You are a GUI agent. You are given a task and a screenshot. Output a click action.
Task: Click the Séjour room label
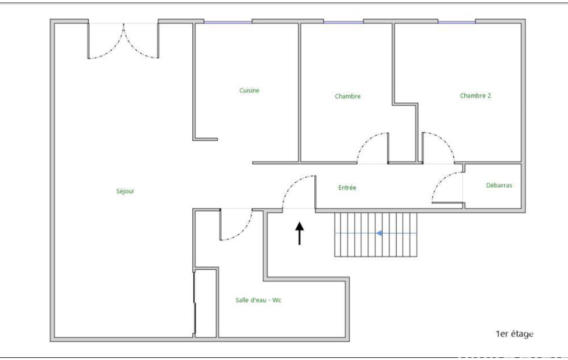click(x=125, y=191)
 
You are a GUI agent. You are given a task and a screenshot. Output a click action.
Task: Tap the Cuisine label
click(x=249, y=90)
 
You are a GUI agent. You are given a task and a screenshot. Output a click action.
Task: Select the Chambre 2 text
click(x=475, y=96)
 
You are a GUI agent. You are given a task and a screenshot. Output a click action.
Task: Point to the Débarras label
click(x=499, y=185)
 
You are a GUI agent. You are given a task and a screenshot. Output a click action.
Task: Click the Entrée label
click(x=347, y=187)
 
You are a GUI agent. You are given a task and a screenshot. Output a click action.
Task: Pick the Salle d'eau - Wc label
click(x=258, y=300)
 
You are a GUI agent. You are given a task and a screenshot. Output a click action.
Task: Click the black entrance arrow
click(x=300, y=233)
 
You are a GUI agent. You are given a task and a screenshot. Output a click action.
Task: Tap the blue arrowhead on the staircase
click(x=379, y=233)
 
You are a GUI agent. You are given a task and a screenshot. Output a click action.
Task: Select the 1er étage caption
click(x=514, y=334)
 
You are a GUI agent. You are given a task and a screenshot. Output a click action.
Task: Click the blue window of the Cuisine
click(x=228, y=22)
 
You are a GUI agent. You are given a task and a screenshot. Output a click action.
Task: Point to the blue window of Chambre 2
click(x=457, y=22)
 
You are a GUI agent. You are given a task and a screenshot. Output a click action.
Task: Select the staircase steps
click(x=376, y=235)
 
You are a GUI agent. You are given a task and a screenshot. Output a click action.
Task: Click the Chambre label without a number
click(x=348, y=96)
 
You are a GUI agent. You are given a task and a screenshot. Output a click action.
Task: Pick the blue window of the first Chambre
click(x=344, y=22)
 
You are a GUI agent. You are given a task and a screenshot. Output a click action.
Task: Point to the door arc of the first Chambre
click(x=365, y=141)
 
